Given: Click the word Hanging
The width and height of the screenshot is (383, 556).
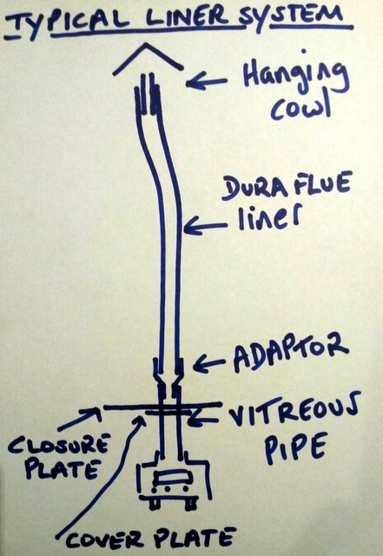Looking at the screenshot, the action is click(295, 77).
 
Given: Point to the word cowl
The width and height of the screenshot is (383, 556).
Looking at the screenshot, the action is click(300, 106).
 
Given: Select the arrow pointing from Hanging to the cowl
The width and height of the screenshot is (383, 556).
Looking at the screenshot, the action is click(207, 83).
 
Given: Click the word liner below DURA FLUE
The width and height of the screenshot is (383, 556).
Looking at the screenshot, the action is click(268, 217).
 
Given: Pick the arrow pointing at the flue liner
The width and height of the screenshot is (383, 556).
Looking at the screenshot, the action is click(205, 226).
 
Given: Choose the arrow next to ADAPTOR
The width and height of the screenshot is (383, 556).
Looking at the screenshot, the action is click(208, 364).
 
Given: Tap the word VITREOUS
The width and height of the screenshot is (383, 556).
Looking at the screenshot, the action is click(294, 411).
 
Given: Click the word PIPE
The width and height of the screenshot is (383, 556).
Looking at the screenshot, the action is click(295, 447).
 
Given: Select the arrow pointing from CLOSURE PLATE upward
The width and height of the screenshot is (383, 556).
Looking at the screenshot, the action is click(80, 419).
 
